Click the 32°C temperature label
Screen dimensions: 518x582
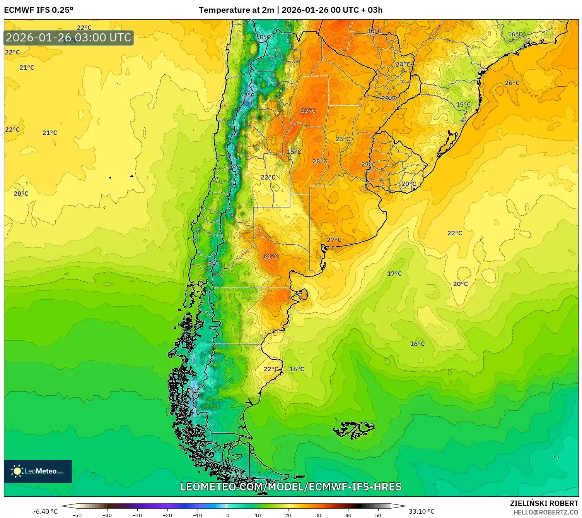[x=308, y=111]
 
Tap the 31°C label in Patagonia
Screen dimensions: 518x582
[x=271, y=257]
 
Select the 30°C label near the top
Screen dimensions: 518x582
[x=374, y=31]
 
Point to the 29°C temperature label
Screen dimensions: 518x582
[x=389, y=98]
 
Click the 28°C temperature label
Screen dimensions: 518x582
[x=319, y=161]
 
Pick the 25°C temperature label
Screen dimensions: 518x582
[x=342, y=139]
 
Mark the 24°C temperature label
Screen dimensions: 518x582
[x=403, y=64]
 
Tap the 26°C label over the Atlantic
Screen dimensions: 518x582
[x=512, y=83]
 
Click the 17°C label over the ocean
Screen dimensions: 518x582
[x=394, y=274]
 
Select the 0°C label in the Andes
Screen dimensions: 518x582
[x=265, y=37]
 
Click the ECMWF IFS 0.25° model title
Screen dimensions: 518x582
[x=39, y=10]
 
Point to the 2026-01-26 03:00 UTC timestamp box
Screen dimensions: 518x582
[x=69, y=38]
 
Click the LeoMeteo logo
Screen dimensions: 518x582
[x=38, y=471]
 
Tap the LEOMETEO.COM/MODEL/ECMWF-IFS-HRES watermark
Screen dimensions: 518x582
[x=291, y=487]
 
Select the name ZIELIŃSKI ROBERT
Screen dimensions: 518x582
[x=544, y=503]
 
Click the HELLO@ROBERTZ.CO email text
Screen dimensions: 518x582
[x=546, y=512]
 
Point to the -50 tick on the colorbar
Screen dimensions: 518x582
[x=77, y=515]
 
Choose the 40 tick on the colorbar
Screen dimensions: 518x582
[x=348, y=515]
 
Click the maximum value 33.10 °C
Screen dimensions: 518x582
[x=422, y=511]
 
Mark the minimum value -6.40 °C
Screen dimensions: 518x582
[x=46, y=511]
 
